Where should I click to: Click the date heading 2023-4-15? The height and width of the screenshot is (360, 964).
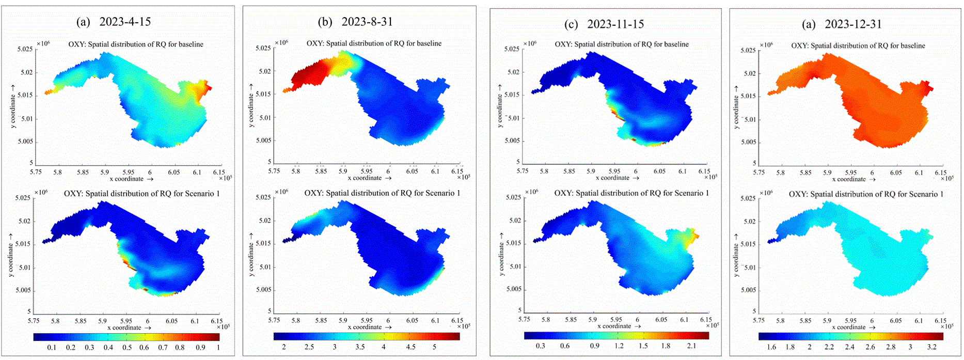point(125,22)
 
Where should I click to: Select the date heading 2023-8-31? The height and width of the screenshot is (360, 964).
point(367,22)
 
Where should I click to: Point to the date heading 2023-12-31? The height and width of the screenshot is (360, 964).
point(853,24)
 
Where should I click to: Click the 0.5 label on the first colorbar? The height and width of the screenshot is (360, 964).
point(127,348)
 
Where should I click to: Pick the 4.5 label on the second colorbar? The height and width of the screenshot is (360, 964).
point(410,347)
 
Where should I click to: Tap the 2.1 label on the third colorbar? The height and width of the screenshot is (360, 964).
point(691,346)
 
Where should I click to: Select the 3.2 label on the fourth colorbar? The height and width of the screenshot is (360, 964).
point(931,347)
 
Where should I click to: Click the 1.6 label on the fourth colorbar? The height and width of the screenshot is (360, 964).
point(771,347)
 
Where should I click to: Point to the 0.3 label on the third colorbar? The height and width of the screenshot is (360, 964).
point(540,346)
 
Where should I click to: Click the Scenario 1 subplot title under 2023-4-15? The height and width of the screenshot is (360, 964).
point(141,194)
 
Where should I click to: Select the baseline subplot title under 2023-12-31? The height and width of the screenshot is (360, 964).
point(858,46)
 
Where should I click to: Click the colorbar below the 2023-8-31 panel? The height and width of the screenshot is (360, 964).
point(367,336)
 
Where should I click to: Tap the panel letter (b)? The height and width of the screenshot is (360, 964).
point(325,22)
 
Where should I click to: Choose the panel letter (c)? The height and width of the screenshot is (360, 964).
point(571,24)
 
